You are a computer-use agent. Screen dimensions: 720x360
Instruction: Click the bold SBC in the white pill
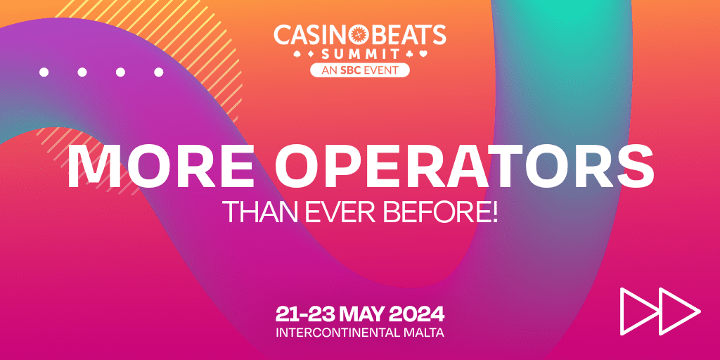coord(350,70)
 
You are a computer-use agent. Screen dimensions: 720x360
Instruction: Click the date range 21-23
coord(305,314)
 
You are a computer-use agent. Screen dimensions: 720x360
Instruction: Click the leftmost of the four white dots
coord(44,72)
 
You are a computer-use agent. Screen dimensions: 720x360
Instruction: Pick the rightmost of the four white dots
coord(158,72)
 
